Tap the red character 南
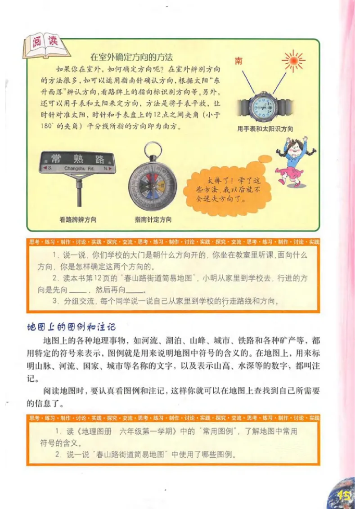(x=238, y=61)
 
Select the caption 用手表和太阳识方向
(x=265, y=129)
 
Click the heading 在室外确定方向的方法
(x=132, y=57)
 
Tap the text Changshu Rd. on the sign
(x=77, y=168)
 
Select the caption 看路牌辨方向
(x=77, y=220)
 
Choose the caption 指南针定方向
(x=153, y=220)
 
